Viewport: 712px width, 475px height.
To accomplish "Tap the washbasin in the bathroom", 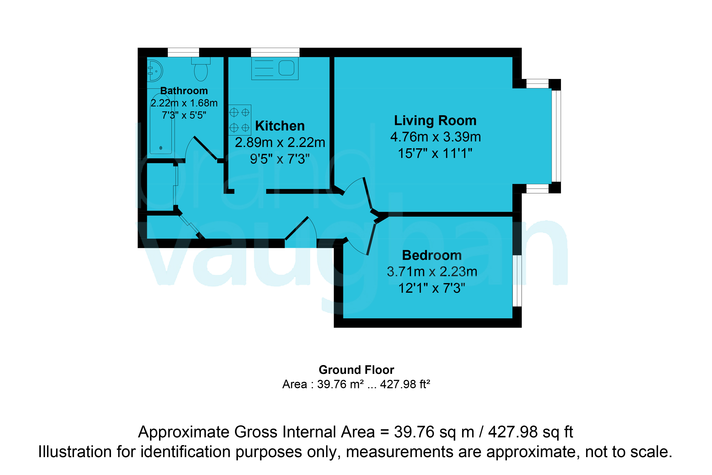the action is [x=155, y=71].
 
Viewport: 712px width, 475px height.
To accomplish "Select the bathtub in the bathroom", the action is [x=161, y=124].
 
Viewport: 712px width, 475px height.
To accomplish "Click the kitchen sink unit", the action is [x=275, y=68].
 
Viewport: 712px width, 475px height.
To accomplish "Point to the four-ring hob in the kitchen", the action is [x=240, y=120].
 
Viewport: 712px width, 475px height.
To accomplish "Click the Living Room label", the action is [x=435, y=121].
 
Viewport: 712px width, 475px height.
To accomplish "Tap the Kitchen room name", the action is [x=280, y=126].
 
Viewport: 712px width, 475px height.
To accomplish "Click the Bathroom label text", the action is [x=184, y=91].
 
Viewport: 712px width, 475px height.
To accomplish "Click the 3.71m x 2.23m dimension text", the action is [x=432, y=272].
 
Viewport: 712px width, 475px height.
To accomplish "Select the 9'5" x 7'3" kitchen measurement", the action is [x=280, y=159].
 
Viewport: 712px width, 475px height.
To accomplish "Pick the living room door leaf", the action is [x=367, y=193].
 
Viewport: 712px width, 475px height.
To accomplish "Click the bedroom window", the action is [x=517, y=281].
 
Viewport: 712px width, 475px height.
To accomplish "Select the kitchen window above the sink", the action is [x=275, y=52].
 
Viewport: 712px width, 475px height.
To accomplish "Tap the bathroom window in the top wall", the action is [x=184, y=52].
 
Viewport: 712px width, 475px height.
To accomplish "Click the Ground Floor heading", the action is [x=356, y=370].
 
